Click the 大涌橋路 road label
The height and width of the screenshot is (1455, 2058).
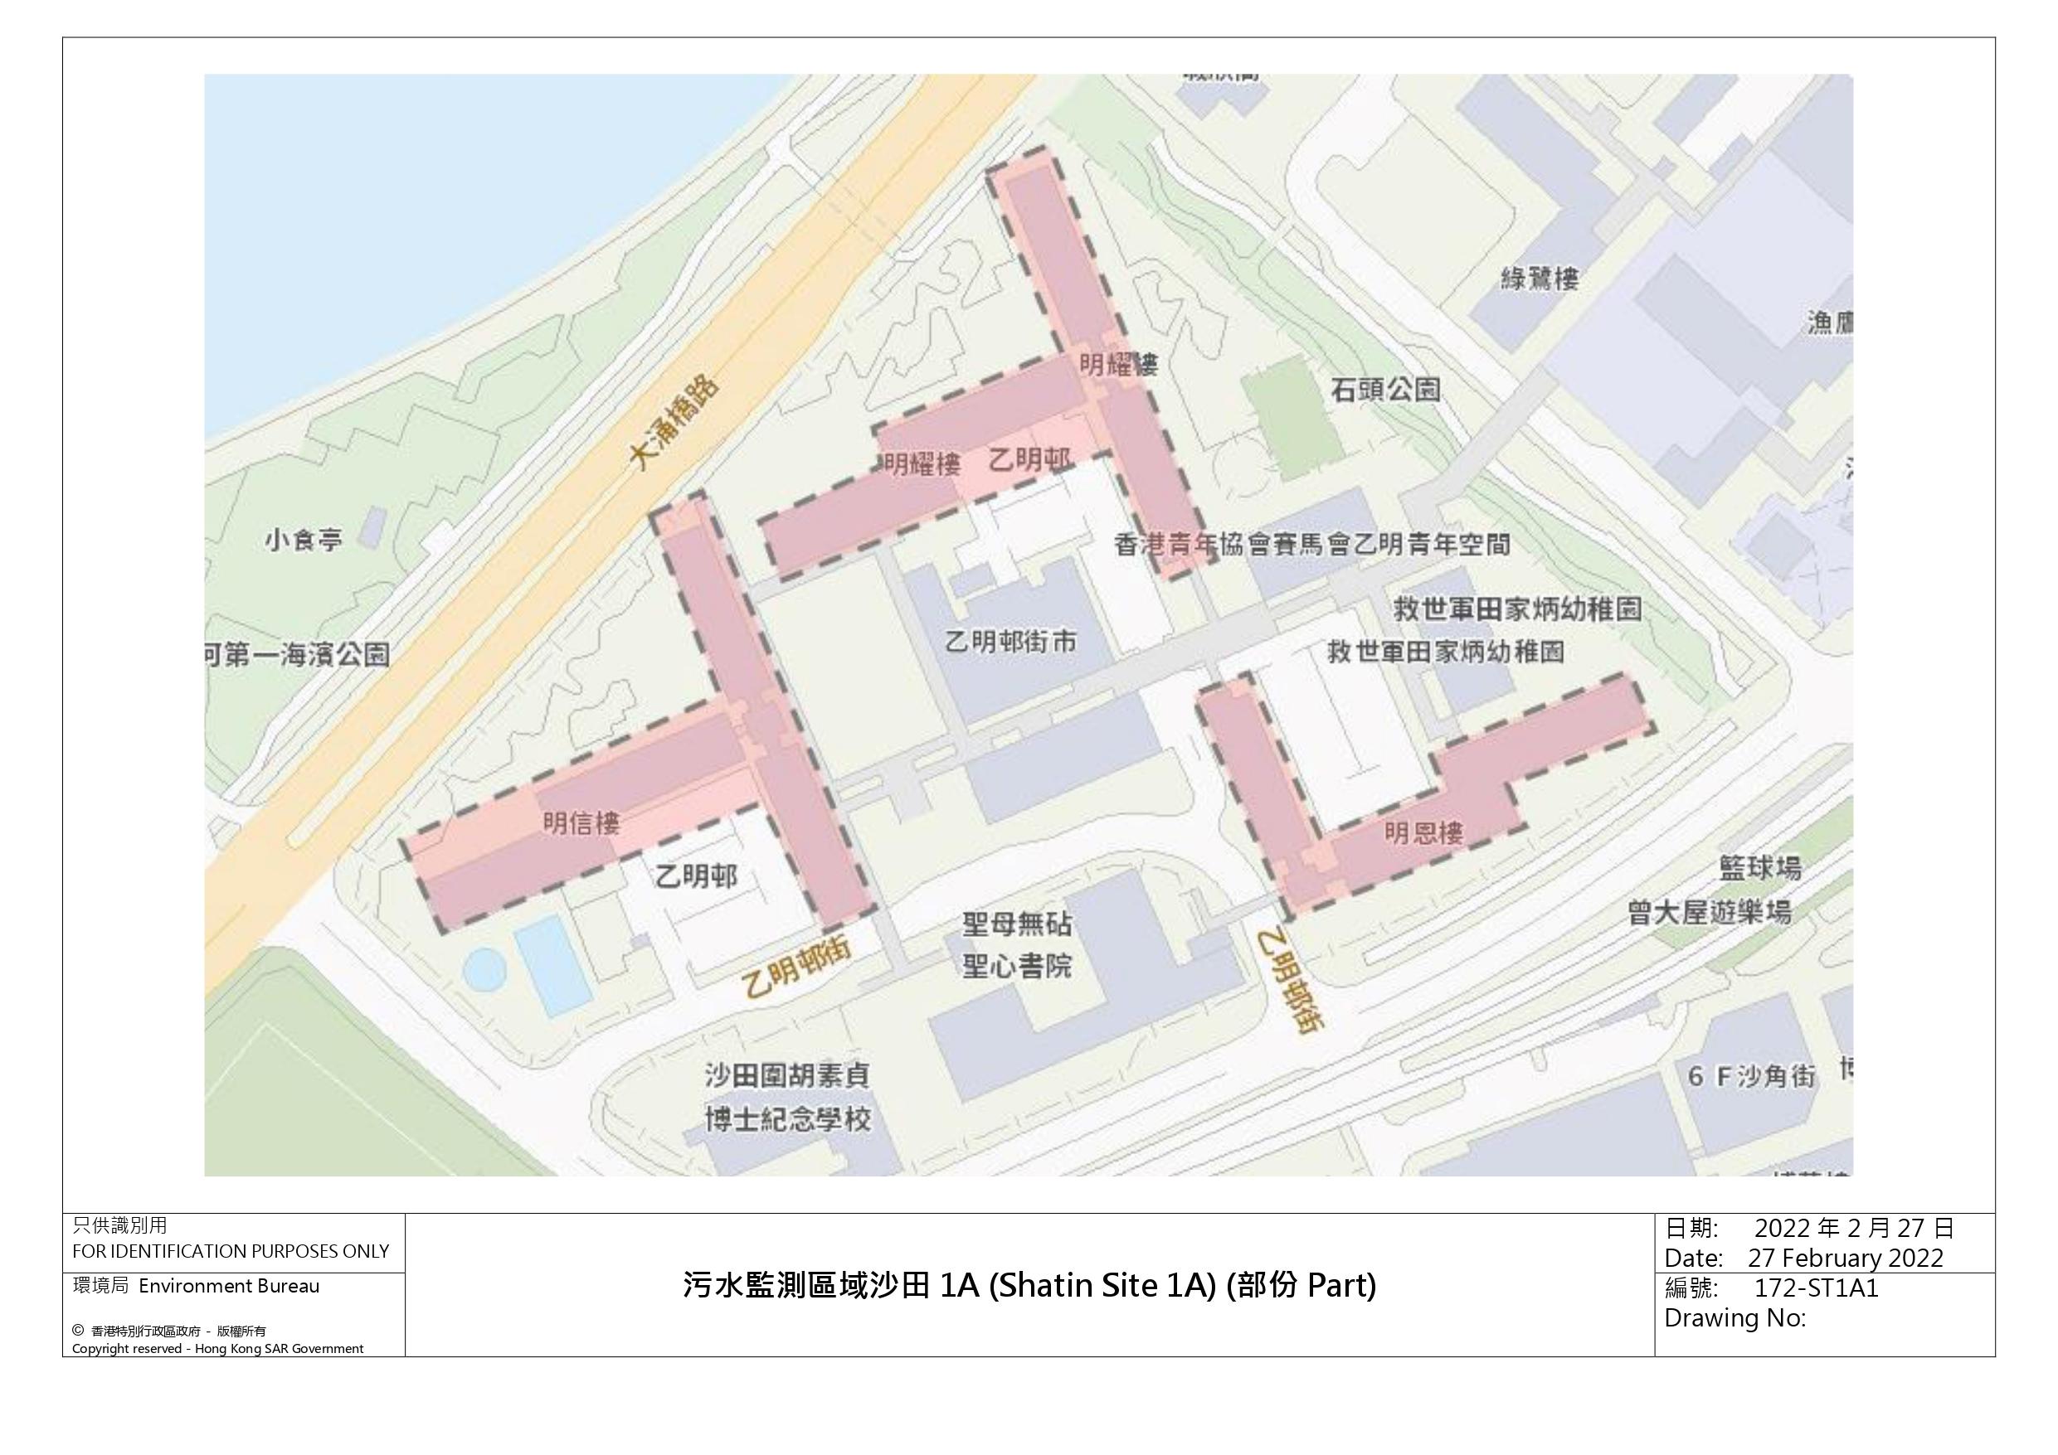pos(674,422)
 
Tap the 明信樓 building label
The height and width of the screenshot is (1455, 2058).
pos(581,822)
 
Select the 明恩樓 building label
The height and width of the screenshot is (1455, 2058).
pos(1423,832)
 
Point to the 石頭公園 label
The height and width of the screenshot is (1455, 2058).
pos(1384,389)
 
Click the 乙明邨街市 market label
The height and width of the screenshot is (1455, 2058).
pos(1011,642)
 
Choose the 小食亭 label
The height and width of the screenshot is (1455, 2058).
pos(304,541)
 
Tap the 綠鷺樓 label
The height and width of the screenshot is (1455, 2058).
pos(1539,279)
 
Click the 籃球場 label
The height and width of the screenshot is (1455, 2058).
pos(1759,867)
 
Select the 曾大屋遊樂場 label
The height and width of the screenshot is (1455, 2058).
pos(1710,912)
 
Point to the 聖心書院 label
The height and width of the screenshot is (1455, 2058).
pos(1016,966)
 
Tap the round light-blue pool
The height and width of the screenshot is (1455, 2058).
pos(484,969)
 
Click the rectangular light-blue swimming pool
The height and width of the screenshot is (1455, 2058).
pos(552,964)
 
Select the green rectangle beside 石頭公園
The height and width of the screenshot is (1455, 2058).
pos(1290,417)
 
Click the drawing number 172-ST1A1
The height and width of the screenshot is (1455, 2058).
pos(1815,1288)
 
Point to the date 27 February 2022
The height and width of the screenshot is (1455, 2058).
pos(1845,1257)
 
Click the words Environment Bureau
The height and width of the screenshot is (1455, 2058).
pos(229,1286)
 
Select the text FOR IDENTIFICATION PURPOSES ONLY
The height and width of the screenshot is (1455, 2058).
pos(231,1251)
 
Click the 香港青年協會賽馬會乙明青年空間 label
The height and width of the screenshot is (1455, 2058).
pos(1311,544)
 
